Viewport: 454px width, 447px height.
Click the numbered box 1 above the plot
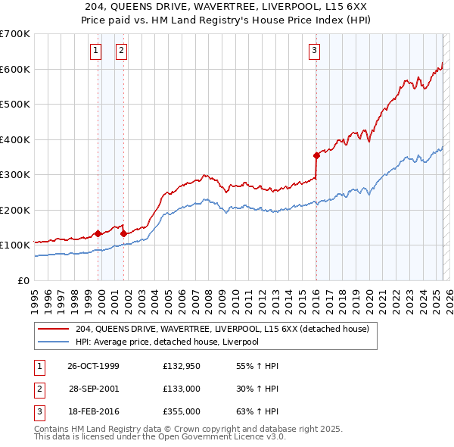(96, 51)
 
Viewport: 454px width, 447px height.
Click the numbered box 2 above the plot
(121, 51)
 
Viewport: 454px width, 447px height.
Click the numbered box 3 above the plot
(314, 51)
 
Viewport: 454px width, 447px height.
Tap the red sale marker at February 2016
(316, 155)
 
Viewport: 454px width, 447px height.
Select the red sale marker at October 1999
(98, 233)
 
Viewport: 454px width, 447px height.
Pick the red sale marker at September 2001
(123, 233)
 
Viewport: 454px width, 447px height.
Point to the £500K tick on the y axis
(15, 104)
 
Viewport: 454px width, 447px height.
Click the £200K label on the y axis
(15, 210)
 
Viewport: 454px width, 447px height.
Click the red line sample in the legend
(54, 329)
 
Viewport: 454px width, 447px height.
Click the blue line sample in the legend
(54, 342)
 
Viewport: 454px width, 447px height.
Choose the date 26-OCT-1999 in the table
(93, 366)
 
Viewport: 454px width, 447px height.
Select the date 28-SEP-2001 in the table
(93, 389)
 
